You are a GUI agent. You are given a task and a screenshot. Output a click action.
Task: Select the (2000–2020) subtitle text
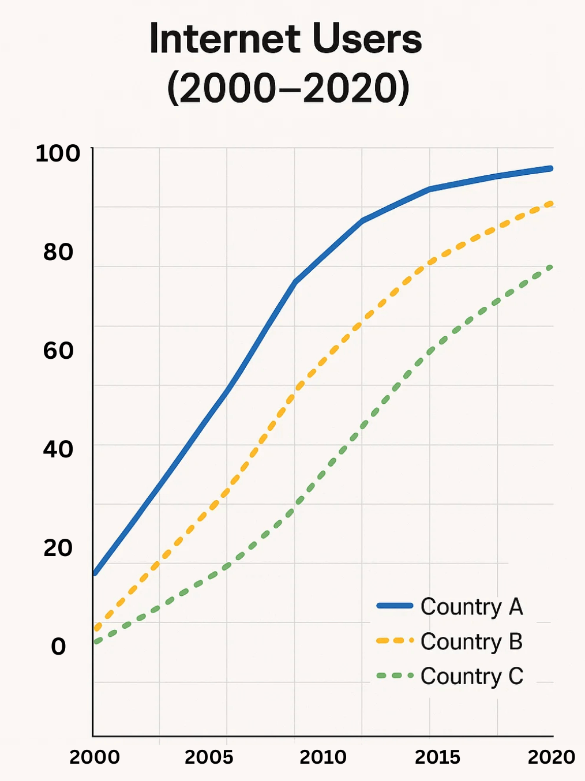pyautogui.click(x=288, y=88)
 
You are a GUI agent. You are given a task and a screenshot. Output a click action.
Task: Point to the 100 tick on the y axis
pyautogui.click(x=58, y=153)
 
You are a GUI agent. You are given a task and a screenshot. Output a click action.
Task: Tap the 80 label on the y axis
pyautogui.click(x=58, y=252)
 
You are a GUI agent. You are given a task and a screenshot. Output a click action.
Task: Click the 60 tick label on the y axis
pyautogui.click(x=58, y=351)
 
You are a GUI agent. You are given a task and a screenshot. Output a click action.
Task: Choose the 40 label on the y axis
pyautogui.click(x=58, y=449)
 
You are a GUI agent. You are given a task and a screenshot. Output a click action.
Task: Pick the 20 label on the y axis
pyautogui.click(x=58, y=548)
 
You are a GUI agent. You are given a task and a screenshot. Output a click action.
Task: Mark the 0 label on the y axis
pyautogui.click(x=58, y=647)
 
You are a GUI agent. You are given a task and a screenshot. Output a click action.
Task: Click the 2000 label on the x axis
pyautogui.click(x=95, y=757)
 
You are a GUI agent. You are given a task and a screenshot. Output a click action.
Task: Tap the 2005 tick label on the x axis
pyautogui.click(x=209, y=757)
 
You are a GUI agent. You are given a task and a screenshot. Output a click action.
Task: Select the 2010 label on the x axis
pyautogui.click(x=323, y=757)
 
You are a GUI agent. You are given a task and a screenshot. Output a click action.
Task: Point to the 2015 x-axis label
pyautogui.click(x=437, y=757)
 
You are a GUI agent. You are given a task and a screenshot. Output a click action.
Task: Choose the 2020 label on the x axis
pyautogui.click(x=551, y=757)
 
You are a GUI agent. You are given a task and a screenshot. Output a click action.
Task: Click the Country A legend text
pyautogui.click(x=471, y=607)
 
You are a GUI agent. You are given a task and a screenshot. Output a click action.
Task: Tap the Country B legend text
pyautogui.click(x=471, y=641)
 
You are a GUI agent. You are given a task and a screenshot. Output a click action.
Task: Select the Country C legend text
pyautogui.click(x=471, y=676)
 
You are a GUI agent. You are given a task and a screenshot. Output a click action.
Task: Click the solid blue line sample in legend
pyautogui.click(x=395, y=606)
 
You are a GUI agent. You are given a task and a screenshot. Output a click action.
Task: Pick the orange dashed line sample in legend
pyautogui.click(x=395, y=640)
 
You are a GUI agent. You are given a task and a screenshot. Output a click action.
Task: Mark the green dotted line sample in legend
pyautogui.click(x=395, y=675)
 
